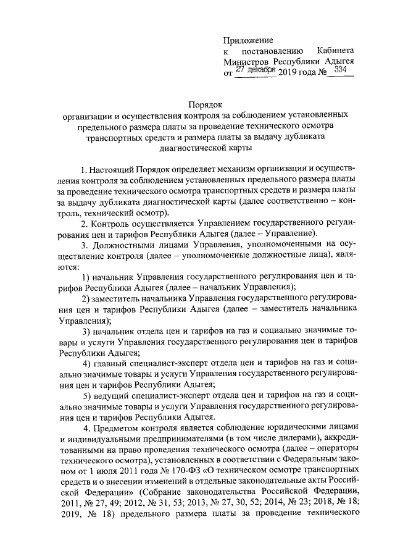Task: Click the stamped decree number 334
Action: point(339,72)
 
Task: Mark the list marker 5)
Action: point(88,395)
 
